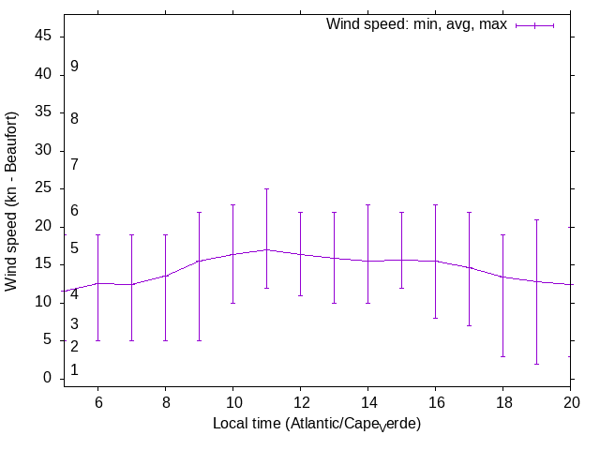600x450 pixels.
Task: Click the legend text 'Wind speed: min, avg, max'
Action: [415, 24]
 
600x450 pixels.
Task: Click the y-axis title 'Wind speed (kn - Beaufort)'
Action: [12, 201]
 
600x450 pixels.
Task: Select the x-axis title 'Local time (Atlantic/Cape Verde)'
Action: [317, 425]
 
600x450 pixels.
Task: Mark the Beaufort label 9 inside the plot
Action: [74, 67]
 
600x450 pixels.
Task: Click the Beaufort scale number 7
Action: [74, 164]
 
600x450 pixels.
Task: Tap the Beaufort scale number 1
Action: [74, 370]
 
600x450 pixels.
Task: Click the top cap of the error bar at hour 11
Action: [266, 188]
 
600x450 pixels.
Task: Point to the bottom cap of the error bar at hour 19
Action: [536, 364]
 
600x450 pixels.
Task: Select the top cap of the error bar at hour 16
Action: [435, 204]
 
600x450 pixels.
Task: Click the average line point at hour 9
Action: [199, 261]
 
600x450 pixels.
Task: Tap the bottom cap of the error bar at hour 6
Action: [97, 340]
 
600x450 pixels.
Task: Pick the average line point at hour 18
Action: [502, 277]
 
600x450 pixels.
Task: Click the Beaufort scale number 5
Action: [74, 248]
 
